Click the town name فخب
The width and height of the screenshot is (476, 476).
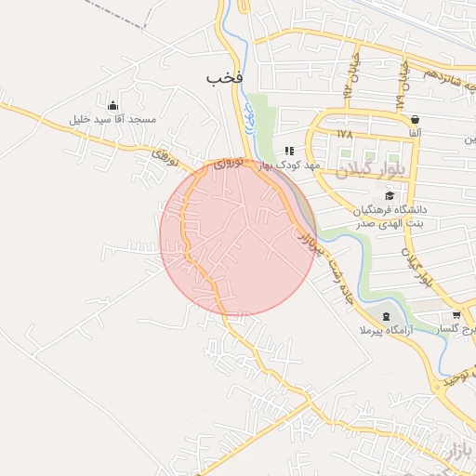coord(224,79)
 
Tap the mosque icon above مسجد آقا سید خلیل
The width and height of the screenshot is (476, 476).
coord(112,105)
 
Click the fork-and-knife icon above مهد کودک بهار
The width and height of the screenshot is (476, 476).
coord(289,150)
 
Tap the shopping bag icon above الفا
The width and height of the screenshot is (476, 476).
coord(414,119)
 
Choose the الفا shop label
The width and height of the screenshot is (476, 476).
coord(414,134)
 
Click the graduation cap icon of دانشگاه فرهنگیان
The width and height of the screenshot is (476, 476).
coord(390,194)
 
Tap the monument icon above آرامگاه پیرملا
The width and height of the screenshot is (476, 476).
coord(387,317)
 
